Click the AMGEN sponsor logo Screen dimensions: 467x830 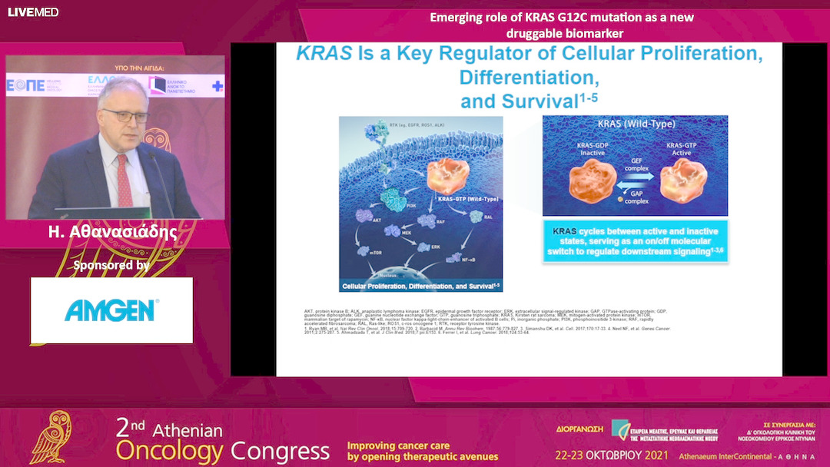111,310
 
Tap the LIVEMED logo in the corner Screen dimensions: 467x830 33,12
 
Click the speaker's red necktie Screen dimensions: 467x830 124,180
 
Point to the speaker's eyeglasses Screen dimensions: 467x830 125,115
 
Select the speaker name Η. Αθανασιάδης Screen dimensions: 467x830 112,233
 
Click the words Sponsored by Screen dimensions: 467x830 111,266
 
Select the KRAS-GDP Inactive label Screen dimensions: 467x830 593,148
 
